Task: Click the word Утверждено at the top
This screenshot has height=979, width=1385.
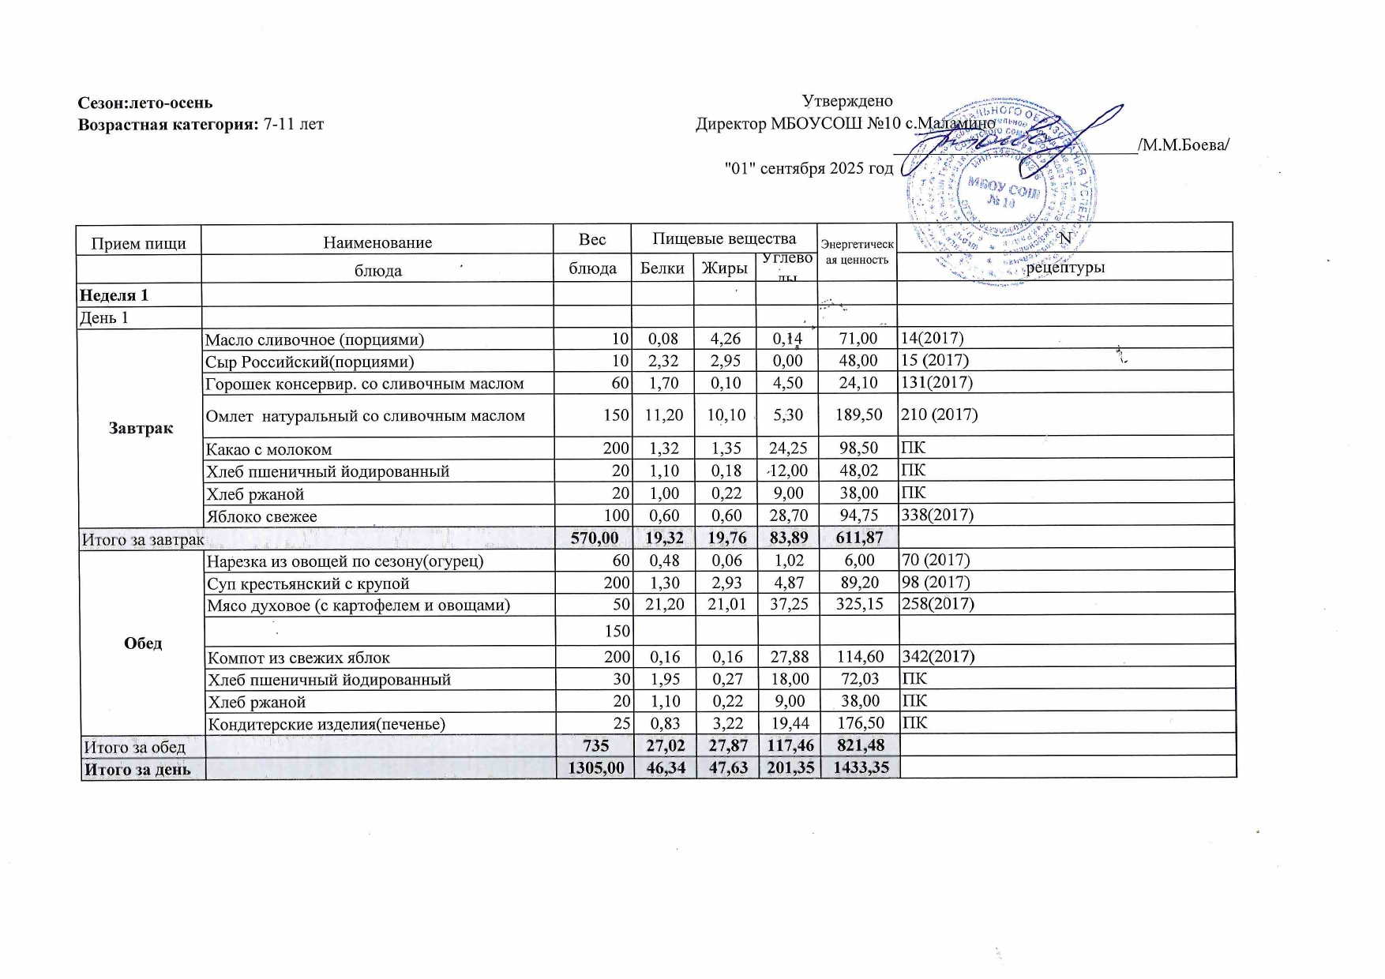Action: tap(847, 101)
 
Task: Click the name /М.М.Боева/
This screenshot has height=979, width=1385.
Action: tap(1183, 145)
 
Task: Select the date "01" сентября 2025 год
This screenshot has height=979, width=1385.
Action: tap(809, 168)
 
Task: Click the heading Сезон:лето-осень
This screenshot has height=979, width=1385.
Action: tap(145, 103)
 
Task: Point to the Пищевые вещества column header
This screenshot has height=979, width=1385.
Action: tap(724, 238)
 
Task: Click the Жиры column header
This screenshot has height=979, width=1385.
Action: tap(724, 268)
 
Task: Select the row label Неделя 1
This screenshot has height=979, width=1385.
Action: tap(114, 295)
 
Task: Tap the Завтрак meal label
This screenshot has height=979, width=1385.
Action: tap(141, 428)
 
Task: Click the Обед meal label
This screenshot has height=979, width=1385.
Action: tap(143, 643)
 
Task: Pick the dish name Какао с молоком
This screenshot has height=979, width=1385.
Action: tap(268, 449)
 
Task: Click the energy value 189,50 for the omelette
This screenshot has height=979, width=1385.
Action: tap(858, 415)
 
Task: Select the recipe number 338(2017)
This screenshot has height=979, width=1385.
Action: tap(937, 516)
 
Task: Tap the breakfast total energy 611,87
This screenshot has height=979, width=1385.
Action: tap(858, 538)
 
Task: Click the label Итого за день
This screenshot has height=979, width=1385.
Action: tap(137, 769)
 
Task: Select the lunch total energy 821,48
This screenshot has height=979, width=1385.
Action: tap(859, 746)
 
